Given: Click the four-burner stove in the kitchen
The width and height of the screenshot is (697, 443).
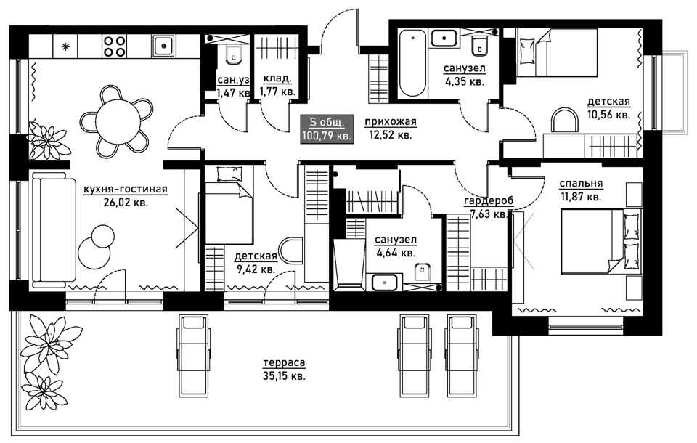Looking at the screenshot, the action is (114, 46).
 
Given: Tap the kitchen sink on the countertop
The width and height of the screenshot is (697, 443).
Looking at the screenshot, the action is (163, 46).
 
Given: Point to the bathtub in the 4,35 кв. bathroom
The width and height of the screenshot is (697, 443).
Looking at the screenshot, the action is (412, 62).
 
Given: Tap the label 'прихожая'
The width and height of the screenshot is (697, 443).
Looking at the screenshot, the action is (391, 121).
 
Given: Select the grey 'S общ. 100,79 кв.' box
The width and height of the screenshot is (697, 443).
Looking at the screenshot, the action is (327, 129).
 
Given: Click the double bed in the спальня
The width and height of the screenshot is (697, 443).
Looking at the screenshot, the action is (601, 240).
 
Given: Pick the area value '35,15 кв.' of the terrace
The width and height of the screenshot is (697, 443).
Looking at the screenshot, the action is (284, 376).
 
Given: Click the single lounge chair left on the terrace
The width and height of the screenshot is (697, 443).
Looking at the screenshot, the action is (193, 355).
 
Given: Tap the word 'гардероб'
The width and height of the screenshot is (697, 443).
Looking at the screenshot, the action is (489, 201).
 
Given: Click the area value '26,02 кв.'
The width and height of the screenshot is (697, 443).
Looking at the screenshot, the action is (126, 203).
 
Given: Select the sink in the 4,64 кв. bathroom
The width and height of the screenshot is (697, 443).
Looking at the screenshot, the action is (385, 283).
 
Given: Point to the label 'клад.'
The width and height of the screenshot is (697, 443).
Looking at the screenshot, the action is (277, 78).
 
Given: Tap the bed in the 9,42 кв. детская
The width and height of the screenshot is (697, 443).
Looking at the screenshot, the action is (229, 206).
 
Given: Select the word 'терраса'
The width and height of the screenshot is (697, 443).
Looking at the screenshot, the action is (284, 363).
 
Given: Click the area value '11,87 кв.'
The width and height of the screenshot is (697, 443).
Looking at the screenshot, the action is (581, 196).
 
